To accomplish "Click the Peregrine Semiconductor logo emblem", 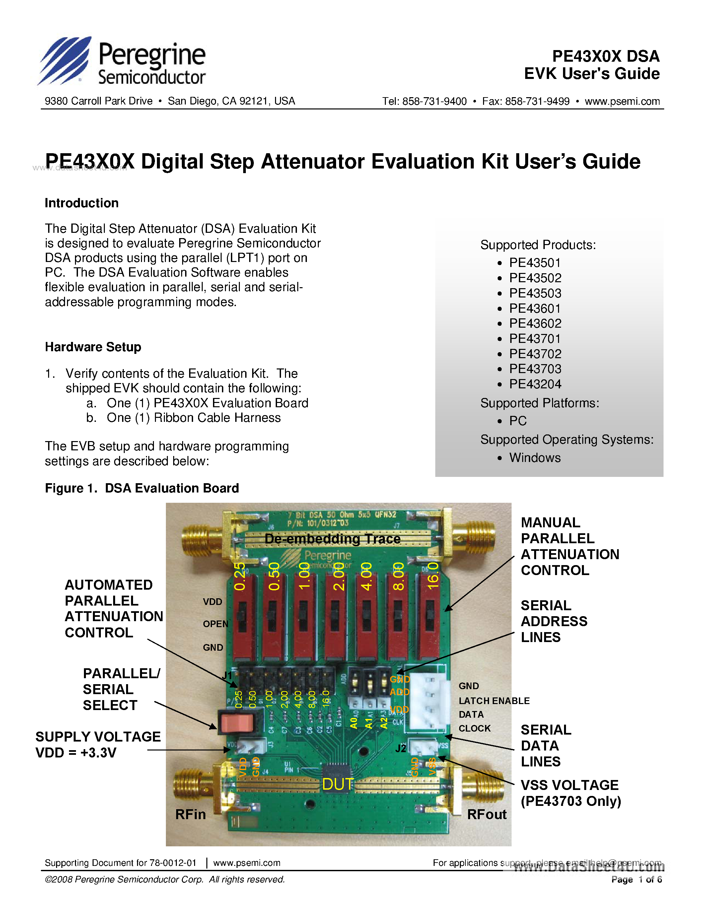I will pos(65,61).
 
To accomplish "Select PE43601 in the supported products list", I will pos(534,309).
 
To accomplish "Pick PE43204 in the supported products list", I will pos(535,384).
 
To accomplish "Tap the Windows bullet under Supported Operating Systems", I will pos(534,458).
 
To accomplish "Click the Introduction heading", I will pos(81,203).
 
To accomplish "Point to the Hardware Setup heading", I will pos(93,347).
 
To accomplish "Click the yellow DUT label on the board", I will pos(337,784).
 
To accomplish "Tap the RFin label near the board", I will pos(190,814).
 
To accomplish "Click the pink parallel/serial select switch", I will pos(237,723).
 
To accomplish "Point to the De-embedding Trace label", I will pos(332,539).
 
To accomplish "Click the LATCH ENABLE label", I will pos(494,701).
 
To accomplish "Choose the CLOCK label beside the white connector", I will pos(474,728).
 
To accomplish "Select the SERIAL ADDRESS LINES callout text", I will pos(554,621).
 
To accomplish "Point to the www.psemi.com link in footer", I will pos(247,863).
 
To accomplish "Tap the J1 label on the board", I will pos(227,676).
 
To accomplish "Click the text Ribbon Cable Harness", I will pos(217,418).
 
